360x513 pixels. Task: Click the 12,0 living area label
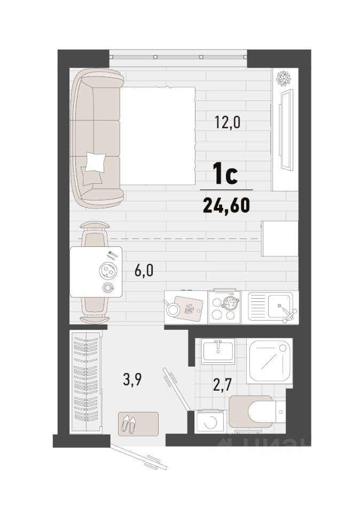point(228,123)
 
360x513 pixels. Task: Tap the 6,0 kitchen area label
point(144,271)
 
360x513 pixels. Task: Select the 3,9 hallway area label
point(132,381)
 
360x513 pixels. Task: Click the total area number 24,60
point(226,205)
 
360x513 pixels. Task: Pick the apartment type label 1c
point(225,175)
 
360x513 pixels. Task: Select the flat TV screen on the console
point(286,129)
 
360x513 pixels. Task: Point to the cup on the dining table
point(107,287)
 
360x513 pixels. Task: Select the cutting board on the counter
point(187,308)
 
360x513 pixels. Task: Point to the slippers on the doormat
point(129,424)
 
